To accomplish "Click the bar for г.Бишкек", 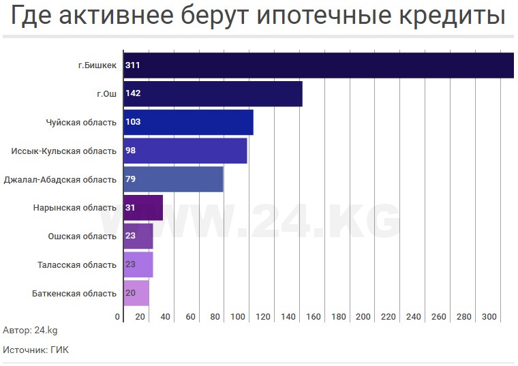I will coord(318,65).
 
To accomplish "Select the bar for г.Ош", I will coord(213,94).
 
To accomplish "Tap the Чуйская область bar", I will coord(188,122).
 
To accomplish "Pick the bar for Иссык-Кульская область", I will coord(185,151).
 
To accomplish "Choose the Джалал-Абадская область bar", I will coord(173,179).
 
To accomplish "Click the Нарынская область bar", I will coord(143,208).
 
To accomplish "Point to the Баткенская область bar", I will coord(136,293).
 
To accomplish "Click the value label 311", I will coord(133,65).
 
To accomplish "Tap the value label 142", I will coord(133,94).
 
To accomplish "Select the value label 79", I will coord(131,179).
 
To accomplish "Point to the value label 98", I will coord(131,151).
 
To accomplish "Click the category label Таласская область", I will coord(77,265).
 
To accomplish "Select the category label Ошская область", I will coord(82,237).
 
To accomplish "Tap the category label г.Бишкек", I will coord(97,65).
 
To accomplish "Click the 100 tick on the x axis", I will coord(237,317).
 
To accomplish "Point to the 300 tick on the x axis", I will coord(489,317).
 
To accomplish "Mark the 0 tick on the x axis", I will coord(118,317).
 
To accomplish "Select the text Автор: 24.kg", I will coord(30,331).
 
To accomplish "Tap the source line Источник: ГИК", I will coord(35,350).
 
